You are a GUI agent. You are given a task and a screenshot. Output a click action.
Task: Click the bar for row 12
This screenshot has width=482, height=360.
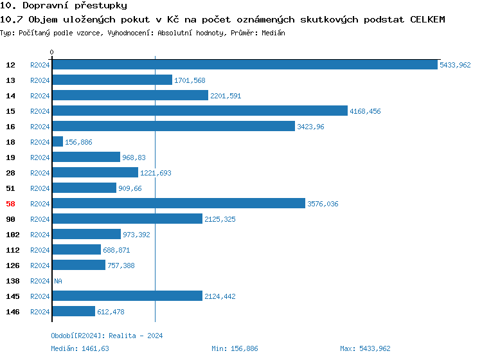click(244, 65)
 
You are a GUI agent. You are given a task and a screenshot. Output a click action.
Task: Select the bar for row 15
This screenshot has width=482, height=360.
click(199, 111)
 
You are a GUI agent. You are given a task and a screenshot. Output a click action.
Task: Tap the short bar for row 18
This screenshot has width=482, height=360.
click(57, 142)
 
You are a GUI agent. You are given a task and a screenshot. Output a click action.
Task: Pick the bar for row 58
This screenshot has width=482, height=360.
click(178, 204)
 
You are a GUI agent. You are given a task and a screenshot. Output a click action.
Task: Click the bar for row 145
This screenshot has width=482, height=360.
click(127, 296)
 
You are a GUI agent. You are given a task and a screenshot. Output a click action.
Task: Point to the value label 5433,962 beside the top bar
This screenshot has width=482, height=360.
click(455, 65)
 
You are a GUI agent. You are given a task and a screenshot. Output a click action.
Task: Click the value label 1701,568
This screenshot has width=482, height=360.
click(190, 80)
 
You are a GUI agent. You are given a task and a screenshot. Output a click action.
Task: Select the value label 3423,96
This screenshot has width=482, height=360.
click(310, 127)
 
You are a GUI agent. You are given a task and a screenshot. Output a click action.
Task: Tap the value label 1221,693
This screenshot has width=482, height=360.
click(156, 173)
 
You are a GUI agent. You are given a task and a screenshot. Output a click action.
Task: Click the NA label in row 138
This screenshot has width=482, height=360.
click(58, 281)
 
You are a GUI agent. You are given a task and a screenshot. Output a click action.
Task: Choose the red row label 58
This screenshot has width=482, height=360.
click(10, 204)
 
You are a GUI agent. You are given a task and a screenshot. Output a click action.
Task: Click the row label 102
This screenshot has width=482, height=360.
click(12, 235)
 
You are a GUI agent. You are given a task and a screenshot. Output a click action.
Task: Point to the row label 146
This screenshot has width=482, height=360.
click(12, 312)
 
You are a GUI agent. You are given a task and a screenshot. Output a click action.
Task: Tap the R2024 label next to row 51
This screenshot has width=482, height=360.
click(40, 188)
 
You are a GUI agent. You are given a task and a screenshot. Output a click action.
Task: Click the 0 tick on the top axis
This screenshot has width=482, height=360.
click(52, 52)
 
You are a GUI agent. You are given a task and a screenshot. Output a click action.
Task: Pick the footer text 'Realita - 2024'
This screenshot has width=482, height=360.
click(136, 336)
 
